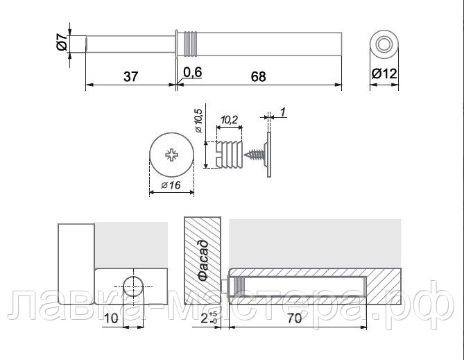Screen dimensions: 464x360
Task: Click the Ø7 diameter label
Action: (x=62, y=42)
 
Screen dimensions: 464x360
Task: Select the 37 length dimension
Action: (x=130, y=77)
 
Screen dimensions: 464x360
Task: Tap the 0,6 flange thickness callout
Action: (x=192, y=72)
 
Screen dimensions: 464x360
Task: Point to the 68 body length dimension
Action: (x=258, y=77)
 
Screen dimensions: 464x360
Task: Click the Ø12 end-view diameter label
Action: (x=384, y=74)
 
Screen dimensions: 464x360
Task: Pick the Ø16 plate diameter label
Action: (x=171, y=185)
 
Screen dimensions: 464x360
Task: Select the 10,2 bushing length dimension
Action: (x=230, y=119)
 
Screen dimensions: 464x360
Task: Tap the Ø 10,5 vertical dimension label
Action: (x=198, y=121)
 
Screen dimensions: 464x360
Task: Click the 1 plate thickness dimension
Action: (x=282, y=112)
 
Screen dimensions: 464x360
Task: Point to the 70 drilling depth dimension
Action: (x=295, y=318)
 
